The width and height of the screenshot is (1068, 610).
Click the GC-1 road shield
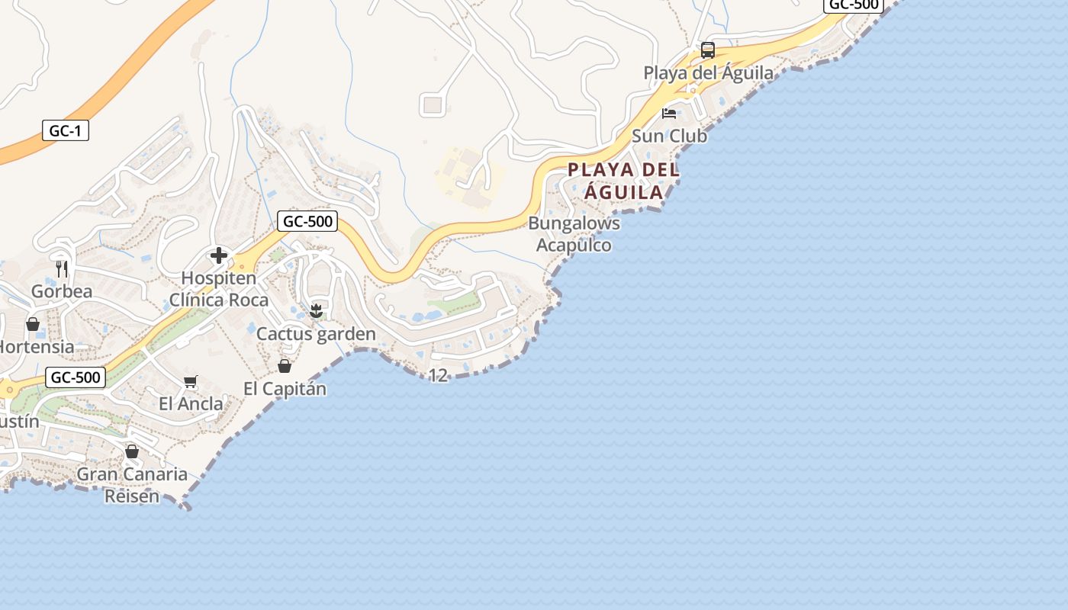pos(65,131)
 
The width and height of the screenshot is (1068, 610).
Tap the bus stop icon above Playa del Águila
pos(708,50)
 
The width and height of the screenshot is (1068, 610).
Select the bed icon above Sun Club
pos(669,114)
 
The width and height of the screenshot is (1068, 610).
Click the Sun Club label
pos(669,136)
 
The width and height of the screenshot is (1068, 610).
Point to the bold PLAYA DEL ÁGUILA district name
pos(623,181)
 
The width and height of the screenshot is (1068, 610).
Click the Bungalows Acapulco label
pos(574,234)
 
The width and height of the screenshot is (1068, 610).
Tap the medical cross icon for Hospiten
pos(219,255)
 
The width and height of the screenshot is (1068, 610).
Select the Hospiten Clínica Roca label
pos(219,289)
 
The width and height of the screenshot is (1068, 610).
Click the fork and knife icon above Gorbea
pos(62,268)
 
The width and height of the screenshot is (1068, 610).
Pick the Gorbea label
pos(62,291)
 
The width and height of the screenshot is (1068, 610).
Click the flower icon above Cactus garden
pos(316,310)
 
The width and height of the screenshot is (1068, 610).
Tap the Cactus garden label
pos(316,334)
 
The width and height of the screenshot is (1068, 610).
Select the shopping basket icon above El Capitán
pos(285,366)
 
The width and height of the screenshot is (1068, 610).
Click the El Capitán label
pos(285,389)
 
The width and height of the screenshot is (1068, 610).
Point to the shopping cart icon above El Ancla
pos(191,381)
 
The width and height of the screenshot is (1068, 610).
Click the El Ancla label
pos(191,404)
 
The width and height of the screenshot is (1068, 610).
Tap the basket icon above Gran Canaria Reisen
pos(132,451)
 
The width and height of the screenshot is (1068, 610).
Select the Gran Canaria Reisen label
pos(132,485)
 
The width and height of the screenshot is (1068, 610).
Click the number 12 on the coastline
pos(438,375)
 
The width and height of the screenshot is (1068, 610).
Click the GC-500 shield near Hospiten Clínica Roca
pos(307,222)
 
